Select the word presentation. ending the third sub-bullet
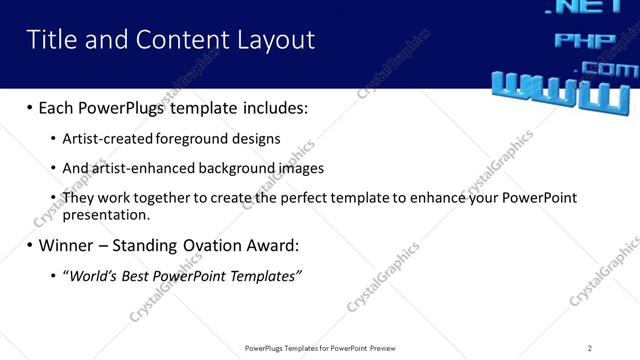(106, 214)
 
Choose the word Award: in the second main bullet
(268, 245)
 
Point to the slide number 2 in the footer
(589, 348)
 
